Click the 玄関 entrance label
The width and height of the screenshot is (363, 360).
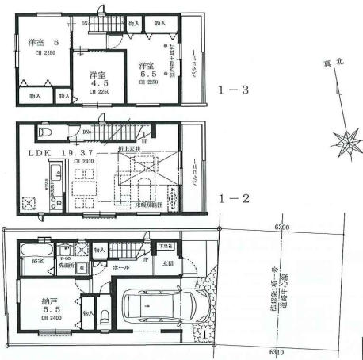pyautogui.click(x=169, y=265)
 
